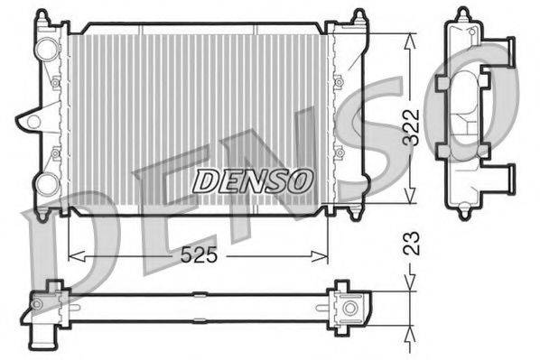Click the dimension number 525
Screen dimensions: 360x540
(198, 255)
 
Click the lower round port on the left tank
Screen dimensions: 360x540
(46, 184)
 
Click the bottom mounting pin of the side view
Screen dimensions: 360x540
(463, 213)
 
